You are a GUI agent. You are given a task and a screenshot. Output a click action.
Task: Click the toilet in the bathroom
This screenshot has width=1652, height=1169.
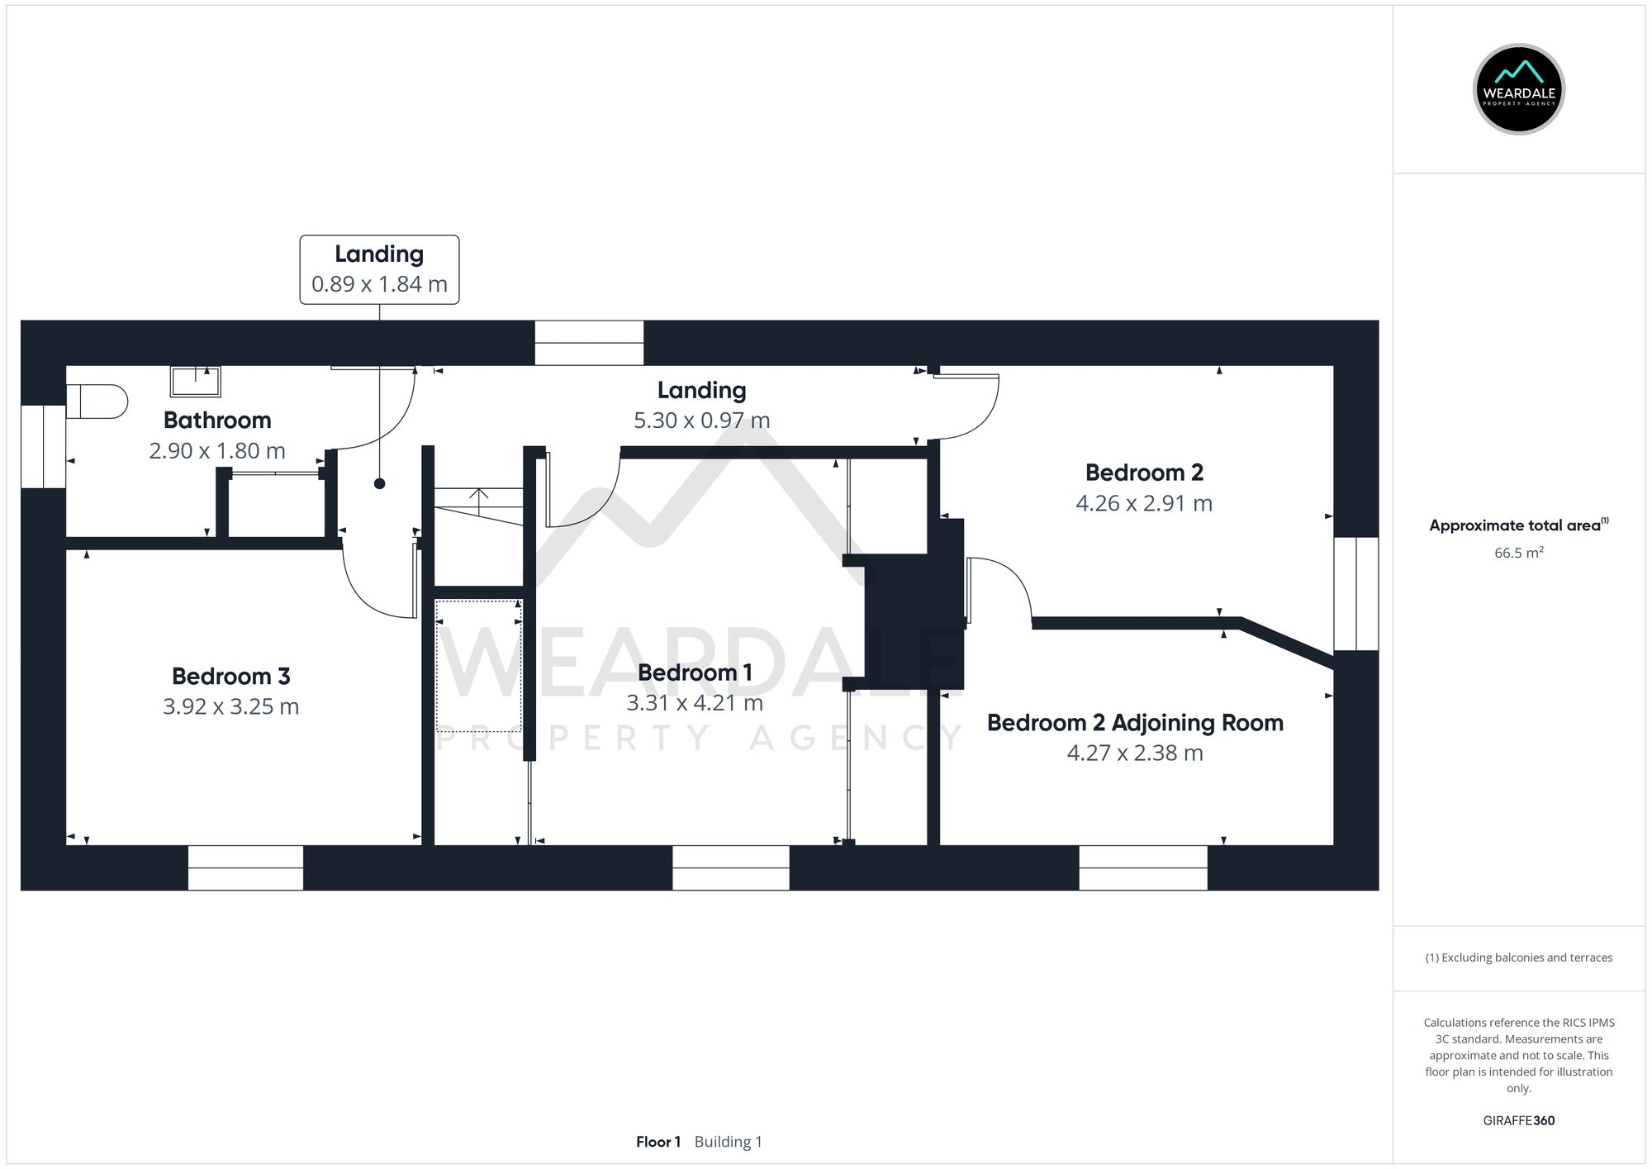(x=97, y=402)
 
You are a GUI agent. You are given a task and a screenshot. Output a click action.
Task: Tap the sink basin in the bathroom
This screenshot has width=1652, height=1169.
(x=196, y=382)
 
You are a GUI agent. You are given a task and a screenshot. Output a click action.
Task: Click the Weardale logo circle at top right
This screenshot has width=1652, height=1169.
(x=1518, y=89)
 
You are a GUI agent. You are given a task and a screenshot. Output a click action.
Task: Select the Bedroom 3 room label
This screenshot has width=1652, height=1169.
(x=230, y=676)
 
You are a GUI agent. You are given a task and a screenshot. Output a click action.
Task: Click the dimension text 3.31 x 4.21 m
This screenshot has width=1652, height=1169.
(x=694, y=703)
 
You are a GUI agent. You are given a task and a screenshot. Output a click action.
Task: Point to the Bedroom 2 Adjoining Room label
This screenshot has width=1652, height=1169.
(x=1135, y=723)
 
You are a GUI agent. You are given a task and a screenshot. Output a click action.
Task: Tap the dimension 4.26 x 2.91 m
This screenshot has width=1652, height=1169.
(x=1143, y=503)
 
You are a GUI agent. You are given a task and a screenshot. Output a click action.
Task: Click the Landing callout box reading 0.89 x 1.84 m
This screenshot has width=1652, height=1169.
(x=379, y=269)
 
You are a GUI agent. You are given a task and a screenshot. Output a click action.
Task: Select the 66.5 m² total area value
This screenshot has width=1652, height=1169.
(x=1518, y=553)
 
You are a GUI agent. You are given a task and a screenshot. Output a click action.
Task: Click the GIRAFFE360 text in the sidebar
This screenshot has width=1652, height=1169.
(x=1518, y=1120)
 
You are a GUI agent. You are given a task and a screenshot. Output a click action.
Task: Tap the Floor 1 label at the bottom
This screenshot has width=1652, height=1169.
(x=658, y=1142)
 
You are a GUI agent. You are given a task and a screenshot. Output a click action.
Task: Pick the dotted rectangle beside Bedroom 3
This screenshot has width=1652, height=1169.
(x=478, y=666)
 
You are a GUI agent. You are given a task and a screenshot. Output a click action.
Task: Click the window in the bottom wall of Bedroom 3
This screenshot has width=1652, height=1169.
(x=245, y=867)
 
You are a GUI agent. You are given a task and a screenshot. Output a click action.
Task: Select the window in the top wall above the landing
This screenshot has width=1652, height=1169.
(x=589, y=343)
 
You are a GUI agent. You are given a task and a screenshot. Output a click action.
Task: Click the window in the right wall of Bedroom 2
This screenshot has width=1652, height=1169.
(x=1355, y=593)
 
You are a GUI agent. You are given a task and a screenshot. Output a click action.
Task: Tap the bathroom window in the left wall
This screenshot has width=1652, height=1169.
(x=43, y=446)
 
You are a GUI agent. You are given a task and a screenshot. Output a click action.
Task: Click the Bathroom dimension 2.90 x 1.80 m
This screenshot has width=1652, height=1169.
(x=217, y=451)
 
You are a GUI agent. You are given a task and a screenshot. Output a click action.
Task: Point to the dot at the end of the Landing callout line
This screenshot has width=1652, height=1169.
(x=379, y=484)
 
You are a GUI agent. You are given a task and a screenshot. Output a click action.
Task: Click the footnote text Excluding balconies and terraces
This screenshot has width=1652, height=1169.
(x=1518, y=958)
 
